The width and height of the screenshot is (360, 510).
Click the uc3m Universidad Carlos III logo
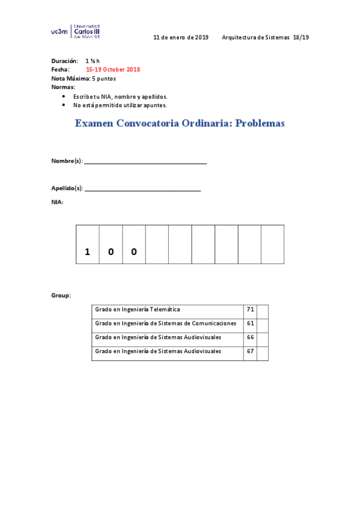(76, 31)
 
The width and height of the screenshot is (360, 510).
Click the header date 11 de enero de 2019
(181, 37)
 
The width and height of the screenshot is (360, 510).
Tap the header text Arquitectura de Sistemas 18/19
(265, 37)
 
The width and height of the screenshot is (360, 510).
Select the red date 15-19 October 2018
(113, 70)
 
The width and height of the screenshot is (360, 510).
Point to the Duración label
(65, 61)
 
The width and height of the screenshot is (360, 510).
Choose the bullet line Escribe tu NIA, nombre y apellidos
(120, 96)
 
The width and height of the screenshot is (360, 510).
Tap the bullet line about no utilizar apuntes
(120, 105)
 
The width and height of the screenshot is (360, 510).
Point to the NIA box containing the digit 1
(88, 245)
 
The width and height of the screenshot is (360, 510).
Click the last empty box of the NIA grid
(272, 245)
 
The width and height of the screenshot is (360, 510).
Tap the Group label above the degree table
(61, 295)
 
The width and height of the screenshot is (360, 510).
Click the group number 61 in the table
(251, 324)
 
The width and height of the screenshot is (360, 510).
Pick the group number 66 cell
(251, 337)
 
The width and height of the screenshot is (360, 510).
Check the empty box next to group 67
(262, 352)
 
